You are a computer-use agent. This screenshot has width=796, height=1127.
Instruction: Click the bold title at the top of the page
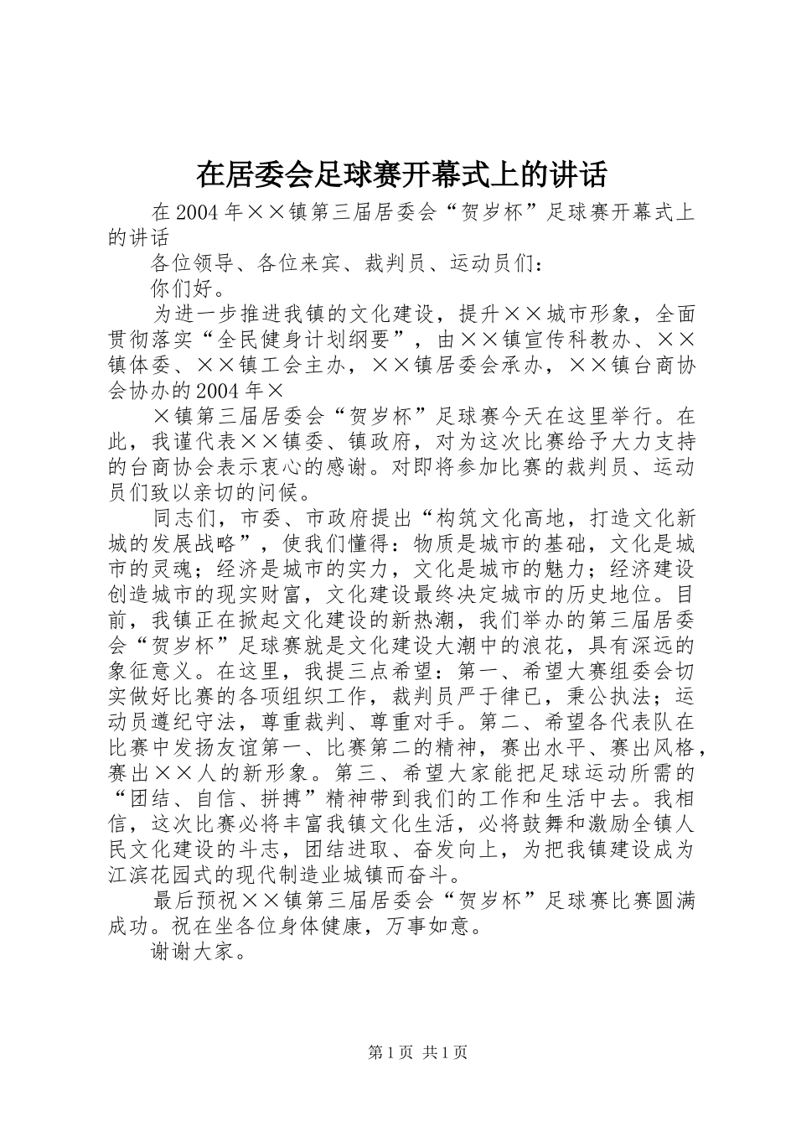pos(401,174)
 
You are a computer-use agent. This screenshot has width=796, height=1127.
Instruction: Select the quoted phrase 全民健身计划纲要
pos(313,341)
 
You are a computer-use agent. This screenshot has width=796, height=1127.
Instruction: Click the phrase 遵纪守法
pos(204,723)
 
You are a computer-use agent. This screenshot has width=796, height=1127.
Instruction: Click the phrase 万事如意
pos(432,927)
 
